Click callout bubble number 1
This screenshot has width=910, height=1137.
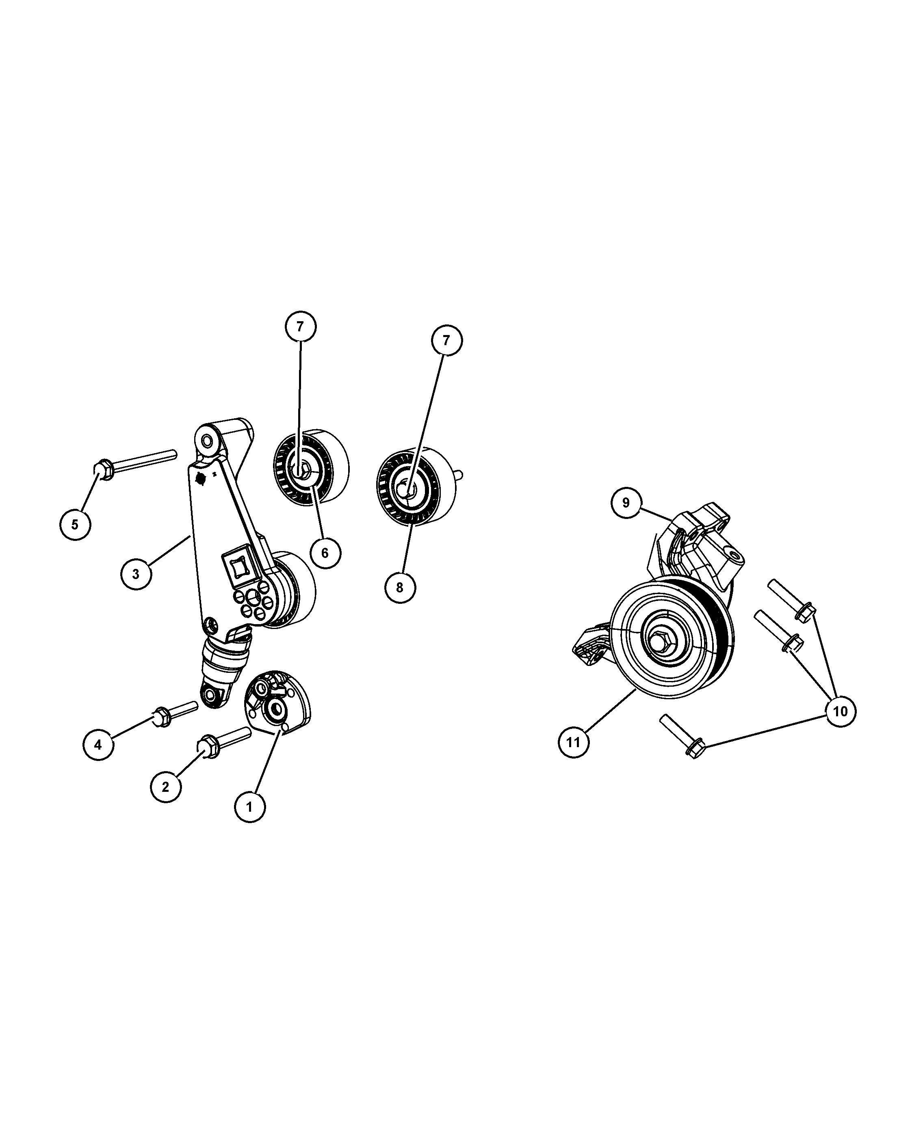[x=249, y=821]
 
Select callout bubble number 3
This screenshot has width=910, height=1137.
[x=136, y=574]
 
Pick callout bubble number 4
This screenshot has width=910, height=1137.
[x=98, y=745]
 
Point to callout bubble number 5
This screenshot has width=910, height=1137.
[x=75, y=525]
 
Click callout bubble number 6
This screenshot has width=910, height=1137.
[x=325, y=553]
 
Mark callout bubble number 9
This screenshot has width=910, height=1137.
[x=626, y=503]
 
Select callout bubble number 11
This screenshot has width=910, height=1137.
[x=574, y=743]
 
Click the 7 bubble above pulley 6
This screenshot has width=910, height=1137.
[x=300, y=326]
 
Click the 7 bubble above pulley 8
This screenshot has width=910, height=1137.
[x=446, y=341]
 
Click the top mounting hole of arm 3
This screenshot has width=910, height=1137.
[x=207, y=439]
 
